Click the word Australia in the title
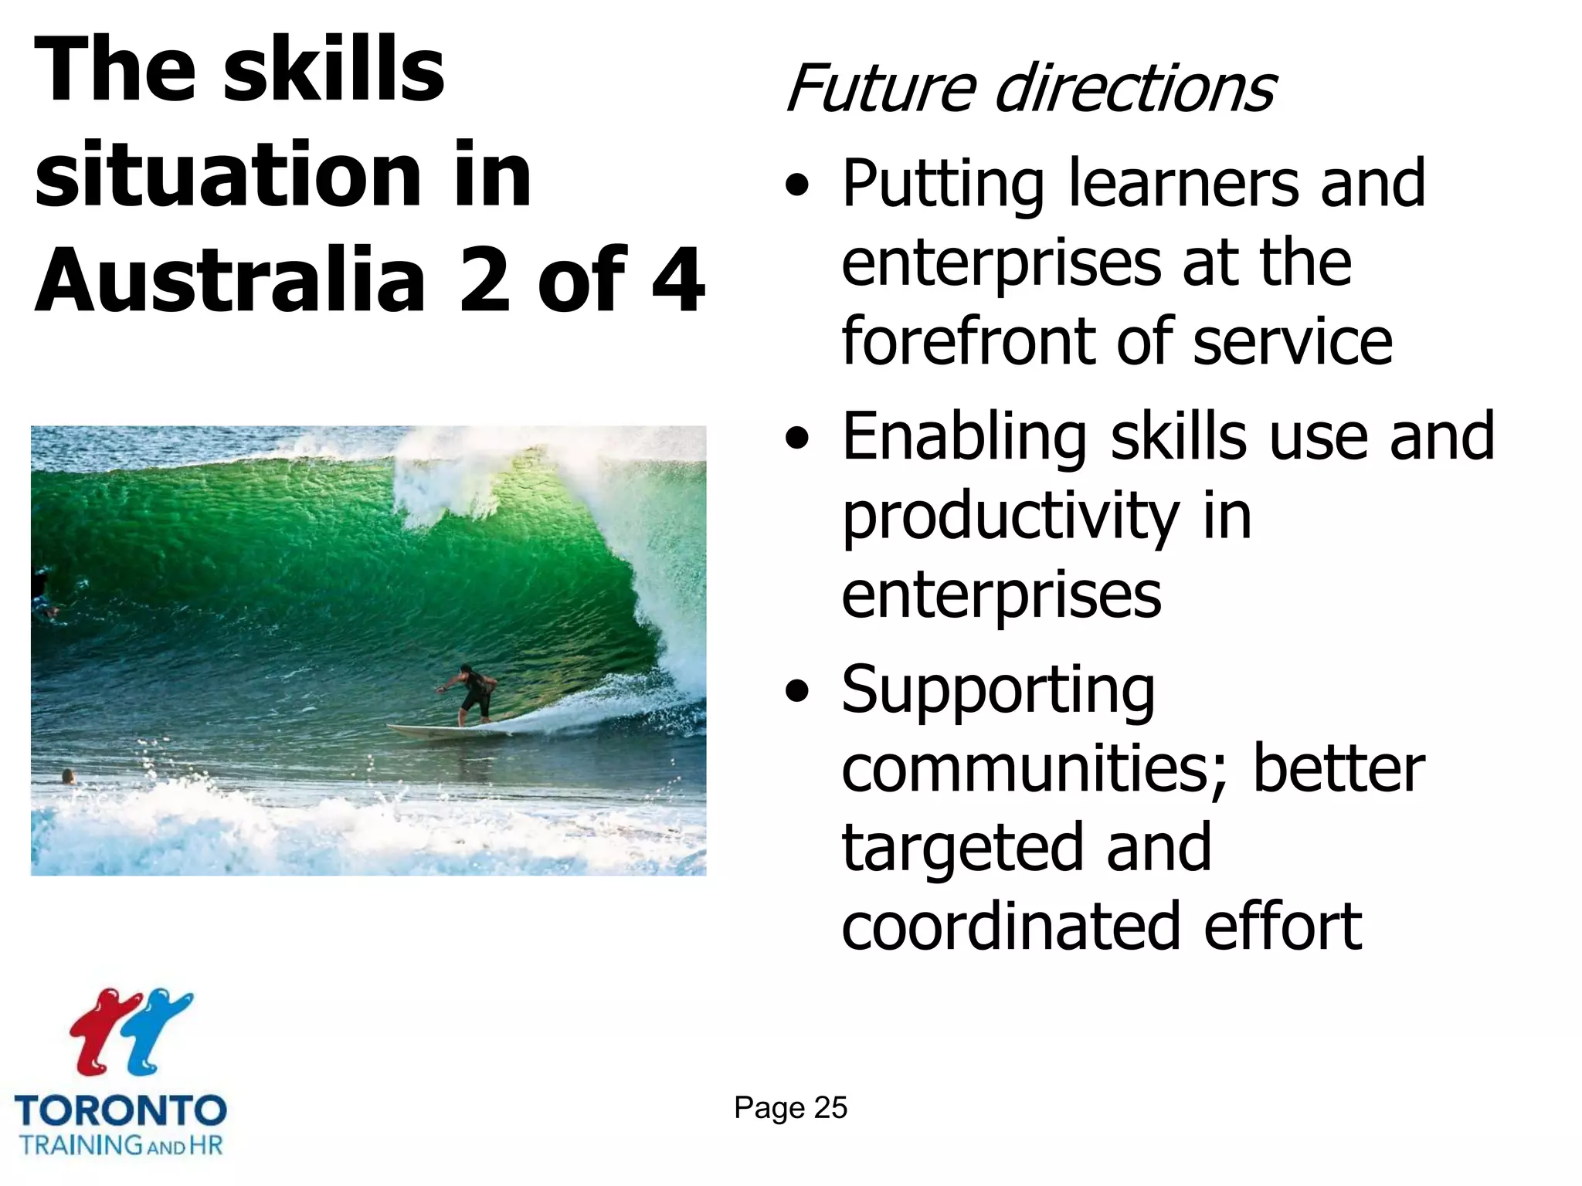[230, 280]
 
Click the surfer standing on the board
[470, 692]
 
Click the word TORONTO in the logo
[121, 1110]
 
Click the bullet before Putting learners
[797, 186]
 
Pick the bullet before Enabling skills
[797, 439]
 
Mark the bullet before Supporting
[797, 692]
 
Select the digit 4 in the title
[678, 280]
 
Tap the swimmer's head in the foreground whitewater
[68, 775]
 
